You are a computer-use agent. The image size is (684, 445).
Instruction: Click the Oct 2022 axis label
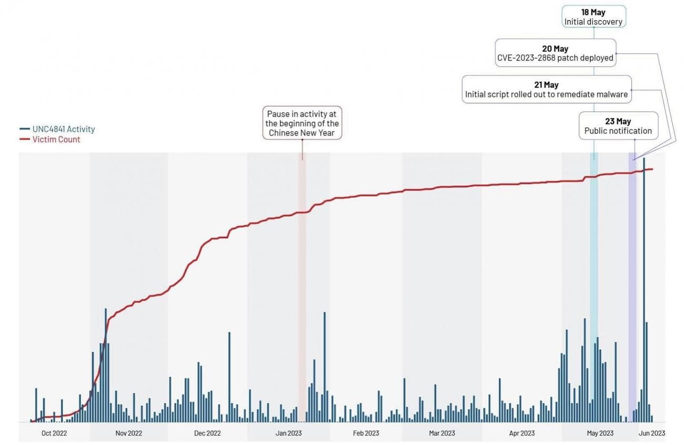point(54,433)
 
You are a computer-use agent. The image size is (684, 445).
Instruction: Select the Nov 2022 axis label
point(129,433)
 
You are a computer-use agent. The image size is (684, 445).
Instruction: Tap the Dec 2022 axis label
point(207,433)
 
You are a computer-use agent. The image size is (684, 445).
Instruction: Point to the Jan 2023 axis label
point(288,433)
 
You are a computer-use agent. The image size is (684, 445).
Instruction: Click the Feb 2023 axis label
point(366,433)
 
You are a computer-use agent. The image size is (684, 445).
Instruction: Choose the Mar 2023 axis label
point(441,433)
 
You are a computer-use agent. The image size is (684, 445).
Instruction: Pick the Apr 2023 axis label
point(522,433)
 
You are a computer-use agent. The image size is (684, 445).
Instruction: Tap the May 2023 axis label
point(600,433)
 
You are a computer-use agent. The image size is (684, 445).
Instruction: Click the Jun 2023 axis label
point(652,433)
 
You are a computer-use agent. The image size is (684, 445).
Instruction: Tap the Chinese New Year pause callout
point(302,124)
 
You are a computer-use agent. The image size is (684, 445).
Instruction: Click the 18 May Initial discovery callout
point(594,17)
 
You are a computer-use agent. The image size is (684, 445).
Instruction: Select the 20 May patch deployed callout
point(555,53)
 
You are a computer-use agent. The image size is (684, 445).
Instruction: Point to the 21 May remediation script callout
point(546,89)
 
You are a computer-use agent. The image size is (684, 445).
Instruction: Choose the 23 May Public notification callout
point(618,126)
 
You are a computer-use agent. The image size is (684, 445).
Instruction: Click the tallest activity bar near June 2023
point(644,289)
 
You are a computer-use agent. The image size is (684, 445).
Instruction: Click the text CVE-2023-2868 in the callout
point(526,58)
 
